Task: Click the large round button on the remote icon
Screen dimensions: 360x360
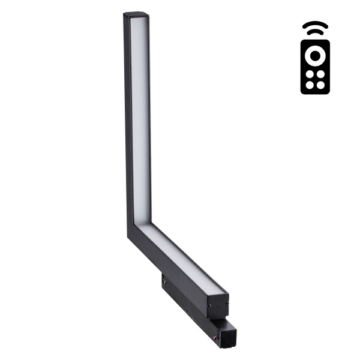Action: point(315,56)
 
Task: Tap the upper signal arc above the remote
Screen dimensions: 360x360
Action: point(315,26)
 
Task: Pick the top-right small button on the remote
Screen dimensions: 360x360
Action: point(320,74)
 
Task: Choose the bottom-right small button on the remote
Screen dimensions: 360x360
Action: point(320,85)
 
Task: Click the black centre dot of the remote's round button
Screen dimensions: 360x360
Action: point(315,56)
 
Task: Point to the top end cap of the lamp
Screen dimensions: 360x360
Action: point(136,14)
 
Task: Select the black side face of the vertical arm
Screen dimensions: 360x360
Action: point(127,120)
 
